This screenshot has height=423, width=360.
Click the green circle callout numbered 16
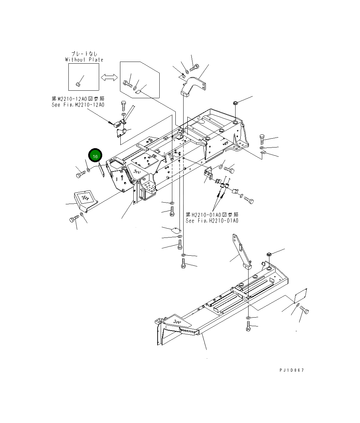coord(95,156)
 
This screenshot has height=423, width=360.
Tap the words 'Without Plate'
coord(84,60)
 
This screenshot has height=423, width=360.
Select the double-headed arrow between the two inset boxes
coord(109,78)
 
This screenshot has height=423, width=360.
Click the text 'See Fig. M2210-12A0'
coord(78,105)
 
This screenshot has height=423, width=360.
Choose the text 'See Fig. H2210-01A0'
coord(212,221)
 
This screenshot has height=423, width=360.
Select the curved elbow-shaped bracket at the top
coord(192,86)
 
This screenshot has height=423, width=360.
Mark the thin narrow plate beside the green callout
coord(102,170)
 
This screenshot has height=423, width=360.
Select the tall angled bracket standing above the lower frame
coord(241,252)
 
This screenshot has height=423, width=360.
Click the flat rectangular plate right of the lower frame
coord(301,295)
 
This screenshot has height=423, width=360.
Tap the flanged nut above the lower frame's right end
coord(269,255)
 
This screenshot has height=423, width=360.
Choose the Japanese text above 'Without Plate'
coord(84,54)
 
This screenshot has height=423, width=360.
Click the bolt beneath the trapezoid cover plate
coord(74,219)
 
